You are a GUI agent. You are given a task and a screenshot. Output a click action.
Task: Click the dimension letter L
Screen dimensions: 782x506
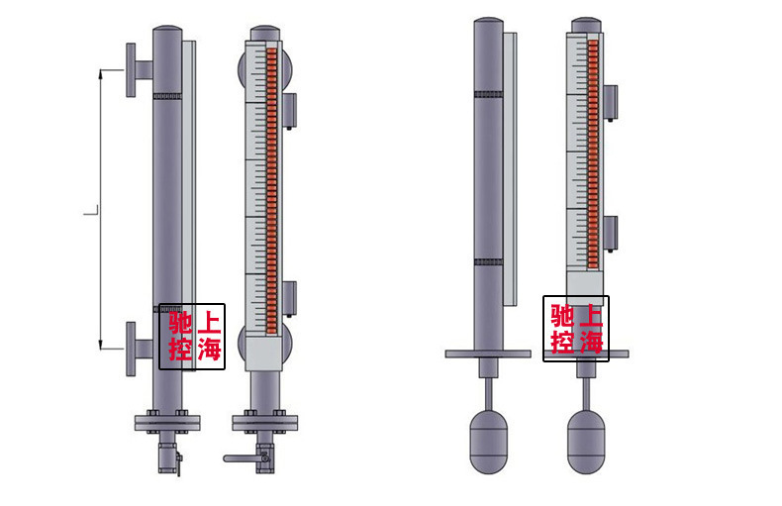90,212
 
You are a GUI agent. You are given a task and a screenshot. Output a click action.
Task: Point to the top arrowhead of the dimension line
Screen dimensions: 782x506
101,74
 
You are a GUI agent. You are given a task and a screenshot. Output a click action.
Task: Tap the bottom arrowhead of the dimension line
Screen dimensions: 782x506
101,345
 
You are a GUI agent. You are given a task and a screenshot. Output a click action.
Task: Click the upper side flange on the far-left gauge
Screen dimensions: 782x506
131,70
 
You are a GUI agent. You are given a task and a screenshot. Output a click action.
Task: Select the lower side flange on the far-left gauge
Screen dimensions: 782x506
131,349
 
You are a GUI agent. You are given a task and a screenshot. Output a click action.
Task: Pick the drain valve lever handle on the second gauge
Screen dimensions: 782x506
242,458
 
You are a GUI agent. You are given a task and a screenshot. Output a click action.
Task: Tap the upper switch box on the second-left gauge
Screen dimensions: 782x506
290,110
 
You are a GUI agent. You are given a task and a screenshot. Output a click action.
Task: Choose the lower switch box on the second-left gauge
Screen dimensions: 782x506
290,298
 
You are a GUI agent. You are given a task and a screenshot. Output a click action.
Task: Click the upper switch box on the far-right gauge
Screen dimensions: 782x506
611,102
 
